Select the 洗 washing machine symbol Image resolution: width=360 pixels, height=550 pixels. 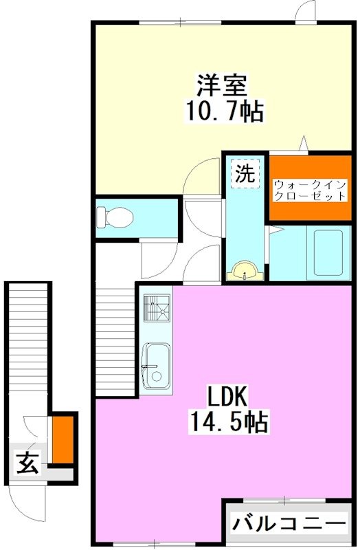tap(245, 174)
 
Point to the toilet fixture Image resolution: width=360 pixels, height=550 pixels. tap(113, 218)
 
